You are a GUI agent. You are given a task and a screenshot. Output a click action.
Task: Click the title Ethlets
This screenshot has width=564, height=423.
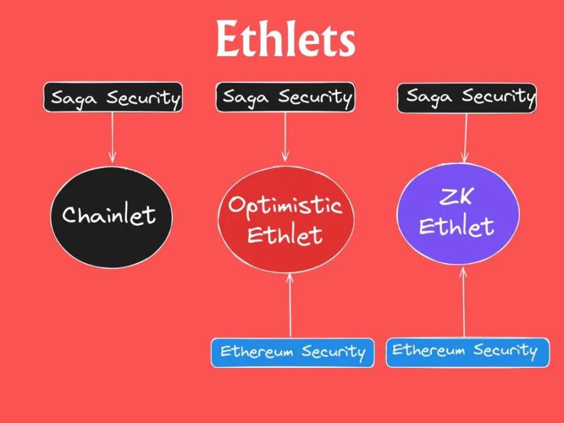click(286, 38)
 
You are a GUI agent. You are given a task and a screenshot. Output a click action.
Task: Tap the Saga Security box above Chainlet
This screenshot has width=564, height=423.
click(113, 97)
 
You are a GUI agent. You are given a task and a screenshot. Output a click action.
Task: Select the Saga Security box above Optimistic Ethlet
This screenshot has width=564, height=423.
click(285, 97)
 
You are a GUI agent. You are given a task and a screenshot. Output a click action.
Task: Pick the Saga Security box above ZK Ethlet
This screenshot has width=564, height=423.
click(467, 98)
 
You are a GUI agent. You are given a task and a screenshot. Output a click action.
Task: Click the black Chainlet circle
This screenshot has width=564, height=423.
click(111, 217)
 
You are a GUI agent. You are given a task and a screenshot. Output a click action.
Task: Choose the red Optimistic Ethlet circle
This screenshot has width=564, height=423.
click(286, 219)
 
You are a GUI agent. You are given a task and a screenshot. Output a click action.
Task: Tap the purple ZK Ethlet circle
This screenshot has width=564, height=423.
click(458, 214)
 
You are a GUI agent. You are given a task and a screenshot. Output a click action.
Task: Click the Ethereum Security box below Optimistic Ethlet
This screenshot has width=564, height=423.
click(292, 353)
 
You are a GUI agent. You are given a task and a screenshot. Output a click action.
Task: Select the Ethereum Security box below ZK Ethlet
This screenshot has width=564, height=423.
click(467, 352)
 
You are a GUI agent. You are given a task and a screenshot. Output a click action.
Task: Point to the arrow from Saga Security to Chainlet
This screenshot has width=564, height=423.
click(112, 137)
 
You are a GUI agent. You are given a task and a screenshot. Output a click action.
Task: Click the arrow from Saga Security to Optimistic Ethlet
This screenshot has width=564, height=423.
click(285, 137)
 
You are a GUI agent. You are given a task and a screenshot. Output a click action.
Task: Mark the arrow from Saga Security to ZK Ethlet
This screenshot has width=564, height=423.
click(466, 138)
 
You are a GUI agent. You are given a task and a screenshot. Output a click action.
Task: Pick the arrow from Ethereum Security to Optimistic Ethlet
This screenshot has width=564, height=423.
click(291, 305)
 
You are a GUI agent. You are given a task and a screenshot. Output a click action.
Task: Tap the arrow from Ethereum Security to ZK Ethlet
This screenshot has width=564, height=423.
click(464, 302)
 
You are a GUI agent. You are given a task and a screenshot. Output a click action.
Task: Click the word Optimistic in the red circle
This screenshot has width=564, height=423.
click(285, 206)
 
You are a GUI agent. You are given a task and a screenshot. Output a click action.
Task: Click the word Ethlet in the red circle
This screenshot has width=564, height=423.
click(284, 235)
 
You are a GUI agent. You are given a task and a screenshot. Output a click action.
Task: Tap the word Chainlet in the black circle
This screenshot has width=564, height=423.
click(109, 215)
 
